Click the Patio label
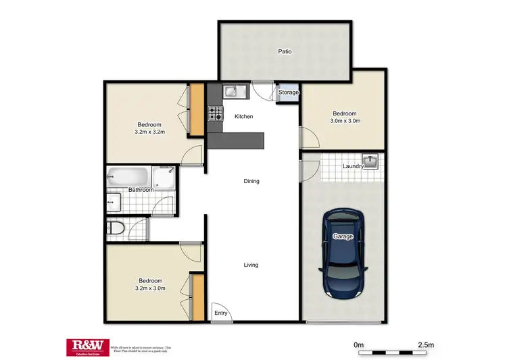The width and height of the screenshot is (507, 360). click(285, 51)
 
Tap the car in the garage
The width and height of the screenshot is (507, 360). click(343, 253)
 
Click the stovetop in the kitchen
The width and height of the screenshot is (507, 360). click(215, 113)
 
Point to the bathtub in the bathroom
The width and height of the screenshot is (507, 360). click(127, 177)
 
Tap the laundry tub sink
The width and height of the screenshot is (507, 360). click(370, 163)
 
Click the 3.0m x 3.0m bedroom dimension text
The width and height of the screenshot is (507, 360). click(345, 122)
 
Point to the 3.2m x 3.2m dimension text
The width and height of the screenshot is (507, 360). click(149, 132)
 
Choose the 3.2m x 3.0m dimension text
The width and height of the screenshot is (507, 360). click(150, 288)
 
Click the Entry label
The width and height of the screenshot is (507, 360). click(221, 313)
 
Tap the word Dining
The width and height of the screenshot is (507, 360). click(251, 181)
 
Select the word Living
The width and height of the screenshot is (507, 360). click(251, 265)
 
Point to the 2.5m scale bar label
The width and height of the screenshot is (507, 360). click(426, 345)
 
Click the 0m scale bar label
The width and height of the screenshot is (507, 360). click(358, 345)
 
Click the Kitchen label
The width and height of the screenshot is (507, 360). click(243, 117)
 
